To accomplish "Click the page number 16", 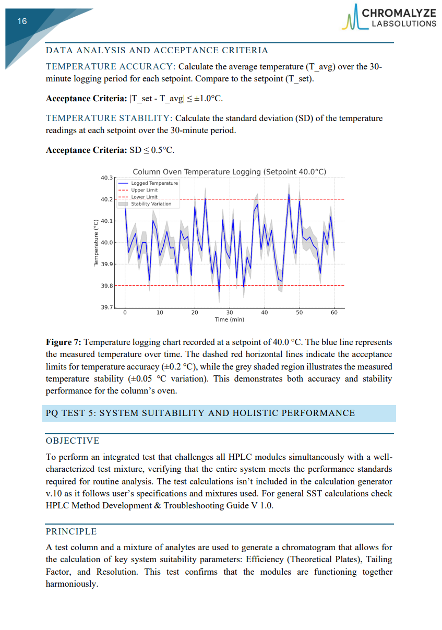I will coord(22,21).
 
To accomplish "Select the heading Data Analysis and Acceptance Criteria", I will coord(157,51).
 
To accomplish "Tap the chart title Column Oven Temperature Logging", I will coord(229,172).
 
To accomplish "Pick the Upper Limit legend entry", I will coord(144,190).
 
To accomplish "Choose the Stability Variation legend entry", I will coord(151,204).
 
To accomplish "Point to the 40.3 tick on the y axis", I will coord(106,178).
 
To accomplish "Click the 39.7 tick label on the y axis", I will coord(106,307).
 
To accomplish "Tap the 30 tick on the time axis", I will coord(229,313).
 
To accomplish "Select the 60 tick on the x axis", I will coord(334,313).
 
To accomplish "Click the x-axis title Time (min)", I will coord(229,319).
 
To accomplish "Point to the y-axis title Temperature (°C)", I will coord(95,243).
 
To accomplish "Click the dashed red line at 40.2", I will coord(313,199).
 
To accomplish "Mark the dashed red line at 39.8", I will coord(313,286).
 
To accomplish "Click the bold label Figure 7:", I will coord(63,342).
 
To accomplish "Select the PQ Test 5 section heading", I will coord(200,413).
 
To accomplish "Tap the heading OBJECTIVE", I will coord(73,441).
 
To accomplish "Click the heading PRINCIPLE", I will coord(71,531).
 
